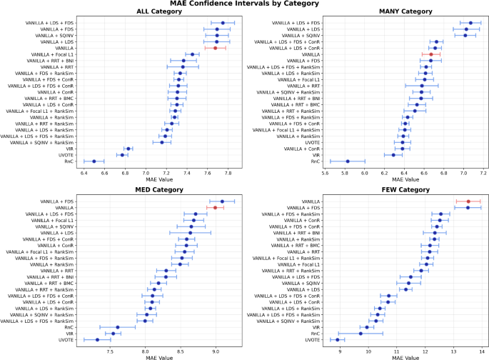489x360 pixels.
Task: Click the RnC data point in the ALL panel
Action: pos(94,161)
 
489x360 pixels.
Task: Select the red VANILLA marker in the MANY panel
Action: pos(430,54)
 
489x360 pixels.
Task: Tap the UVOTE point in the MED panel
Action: pos(97,340)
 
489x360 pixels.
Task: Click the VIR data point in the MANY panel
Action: pos(393,155)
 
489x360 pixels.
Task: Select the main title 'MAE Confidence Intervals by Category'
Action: pos(244,5)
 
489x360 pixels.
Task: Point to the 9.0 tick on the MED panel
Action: pos(215,352)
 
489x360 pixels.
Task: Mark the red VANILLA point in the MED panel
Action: pos(215,207)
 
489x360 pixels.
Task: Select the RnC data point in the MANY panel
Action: pos(348,161)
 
